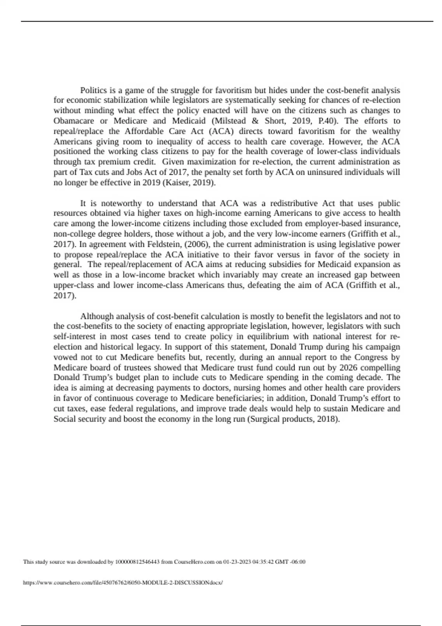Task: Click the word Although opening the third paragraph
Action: (x=97, y=316)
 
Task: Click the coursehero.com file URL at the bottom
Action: (x=123, y=583)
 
